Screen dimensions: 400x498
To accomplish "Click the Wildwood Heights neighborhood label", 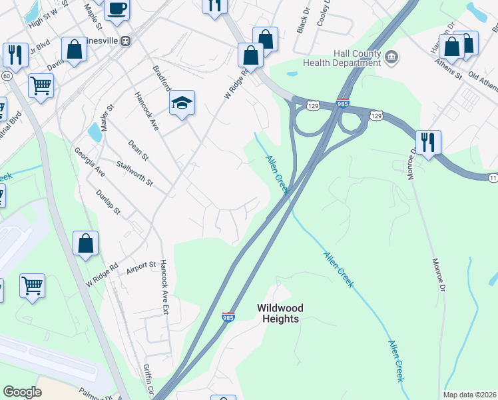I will [x=280, y=313].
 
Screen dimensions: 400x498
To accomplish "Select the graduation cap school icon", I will [x=181, y=103].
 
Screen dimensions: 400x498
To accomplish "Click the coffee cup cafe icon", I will [x=117, y=8].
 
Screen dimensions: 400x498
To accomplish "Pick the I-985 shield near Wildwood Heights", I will [x=228, y=318].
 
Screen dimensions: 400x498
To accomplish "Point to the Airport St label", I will [x=141, y=269].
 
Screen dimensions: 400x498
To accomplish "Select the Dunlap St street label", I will [x=107, y=201].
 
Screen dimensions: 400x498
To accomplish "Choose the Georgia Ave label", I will [x=90, y=162].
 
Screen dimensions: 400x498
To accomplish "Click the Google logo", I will [x=22, y=392].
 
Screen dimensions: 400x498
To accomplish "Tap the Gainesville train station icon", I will [x=125, y=40].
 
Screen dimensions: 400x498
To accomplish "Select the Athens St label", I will [x=449, y=70].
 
